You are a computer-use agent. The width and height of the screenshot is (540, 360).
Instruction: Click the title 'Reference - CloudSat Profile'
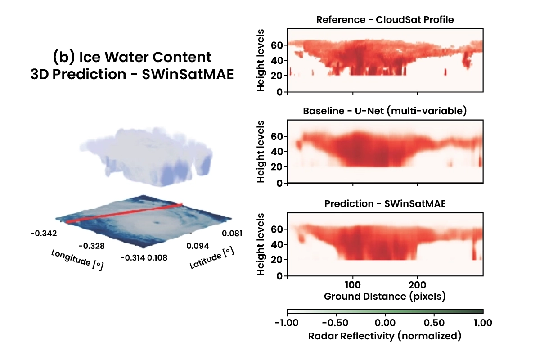pos(385,20)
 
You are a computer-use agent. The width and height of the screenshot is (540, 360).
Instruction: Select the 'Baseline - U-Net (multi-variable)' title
pos(385,111)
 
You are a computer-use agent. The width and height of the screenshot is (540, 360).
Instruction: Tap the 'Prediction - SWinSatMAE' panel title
pos(385,203)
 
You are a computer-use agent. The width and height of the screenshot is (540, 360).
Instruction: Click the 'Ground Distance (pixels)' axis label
pos(385,297)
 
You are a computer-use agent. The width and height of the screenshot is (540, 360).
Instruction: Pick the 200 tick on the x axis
pos(418,286)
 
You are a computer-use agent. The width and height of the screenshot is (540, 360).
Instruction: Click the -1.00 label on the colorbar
pos(287,323)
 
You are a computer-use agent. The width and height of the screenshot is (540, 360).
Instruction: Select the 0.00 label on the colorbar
pos(385,323)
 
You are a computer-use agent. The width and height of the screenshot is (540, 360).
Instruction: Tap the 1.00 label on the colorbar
pos(482,323)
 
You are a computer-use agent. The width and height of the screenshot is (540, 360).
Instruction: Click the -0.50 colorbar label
pos(336,323)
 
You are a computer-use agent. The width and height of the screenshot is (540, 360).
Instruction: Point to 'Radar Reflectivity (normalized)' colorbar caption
pos(385,336)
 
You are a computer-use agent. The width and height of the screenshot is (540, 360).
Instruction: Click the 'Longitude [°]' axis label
pos(77,260)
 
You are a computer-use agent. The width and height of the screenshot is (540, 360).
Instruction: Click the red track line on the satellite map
pos(124,213)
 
